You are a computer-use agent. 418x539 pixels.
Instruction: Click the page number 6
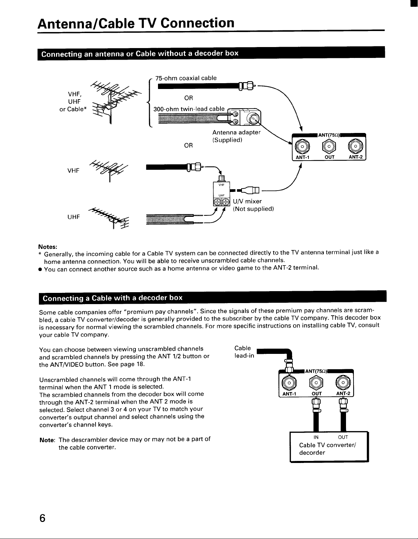click(42, 518)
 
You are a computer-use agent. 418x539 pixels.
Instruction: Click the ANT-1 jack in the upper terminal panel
click(302, 146)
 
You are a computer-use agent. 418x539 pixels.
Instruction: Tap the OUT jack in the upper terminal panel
click(329, 146)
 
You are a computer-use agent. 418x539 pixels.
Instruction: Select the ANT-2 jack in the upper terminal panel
click(356, 146)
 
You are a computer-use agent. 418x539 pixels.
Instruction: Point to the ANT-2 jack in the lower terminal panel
click(343, 383)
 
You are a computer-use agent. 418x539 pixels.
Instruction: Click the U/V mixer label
click(247, 201)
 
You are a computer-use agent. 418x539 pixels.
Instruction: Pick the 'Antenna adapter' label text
click(236, 133)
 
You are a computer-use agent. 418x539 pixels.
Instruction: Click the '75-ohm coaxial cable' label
click(186, 78)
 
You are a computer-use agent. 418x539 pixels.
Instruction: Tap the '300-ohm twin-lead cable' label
click(189, 109)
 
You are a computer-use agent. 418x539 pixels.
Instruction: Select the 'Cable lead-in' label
click(244, 352)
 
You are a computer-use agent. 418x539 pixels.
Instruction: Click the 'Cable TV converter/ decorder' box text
click(327, 449)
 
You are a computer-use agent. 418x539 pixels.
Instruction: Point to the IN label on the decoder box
click(316, 437)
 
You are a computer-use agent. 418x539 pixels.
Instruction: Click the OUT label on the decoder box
click(343, 437)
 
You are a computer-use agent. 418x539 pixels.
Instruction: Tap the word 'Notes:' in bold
click(48, 247)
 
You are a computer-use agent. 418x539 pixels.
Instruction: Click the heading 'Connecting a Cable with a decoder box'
click(113, 298)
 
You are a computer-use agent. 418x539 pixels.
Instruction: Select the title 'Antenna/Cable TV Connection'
click(136, 23)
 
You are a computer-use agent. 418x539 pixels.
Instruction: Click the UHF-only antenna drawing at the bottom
click(109, 218)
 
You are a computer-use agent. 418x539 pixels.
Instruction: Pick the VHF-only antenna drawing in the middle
click(109, 170)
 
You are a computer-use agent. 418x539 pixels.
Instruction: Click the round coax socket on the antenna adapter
click(254, 120)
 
